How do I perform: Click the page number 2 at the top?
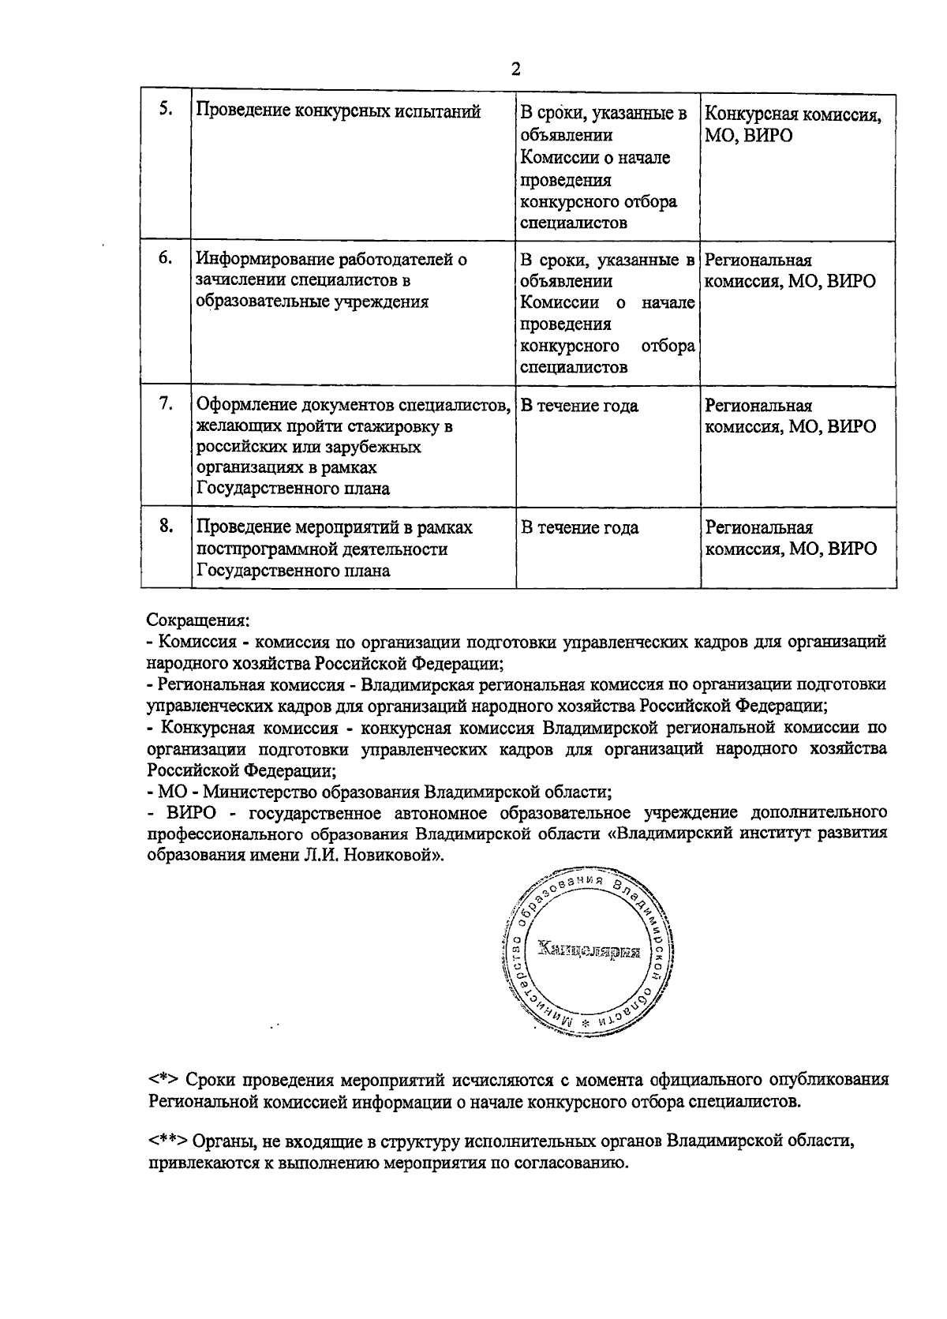(x=515, y=69)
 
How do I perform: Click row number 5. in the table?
(x=166, y=110)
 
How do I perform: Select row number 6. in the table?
(x=166, y=258)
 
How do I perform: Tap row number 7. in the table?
(x=166, y=403)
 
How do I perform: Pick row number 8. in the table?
(x=166, y=526)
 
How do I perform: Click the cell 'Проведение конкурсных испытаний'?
(x=338, y=112)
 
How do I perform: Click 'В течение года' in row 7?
(x=579, y=406)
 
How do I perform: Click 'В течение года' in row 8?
(x=579, y=527)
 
